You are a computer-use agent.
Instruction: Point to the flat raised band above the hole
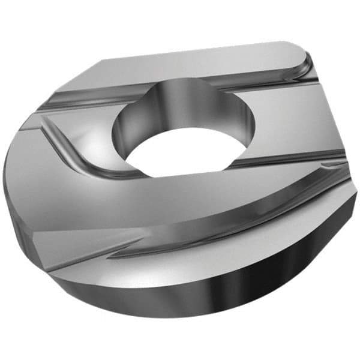[x=198, y=69]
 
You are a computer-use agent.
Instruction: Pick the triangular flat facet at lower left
[x=66, y=246]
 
